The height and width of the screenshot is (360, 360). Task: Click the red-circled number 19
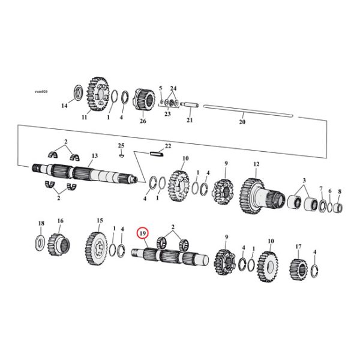[x=143, y=233]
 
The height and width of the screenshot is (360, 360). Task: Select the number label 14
[x=65, y=107]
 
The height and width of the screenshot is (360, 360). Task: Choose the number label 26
[x=143, y=121]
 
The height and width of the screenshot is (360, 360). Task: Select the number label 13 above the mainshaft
[x=94, y=155]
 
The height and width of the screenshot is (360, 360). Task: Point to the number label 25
[x=121, y=146]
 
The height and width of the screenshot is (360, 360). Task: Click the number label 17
[x=298, y=246]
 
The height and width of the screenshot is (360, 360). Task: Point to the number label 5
[x=160, y=88]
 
